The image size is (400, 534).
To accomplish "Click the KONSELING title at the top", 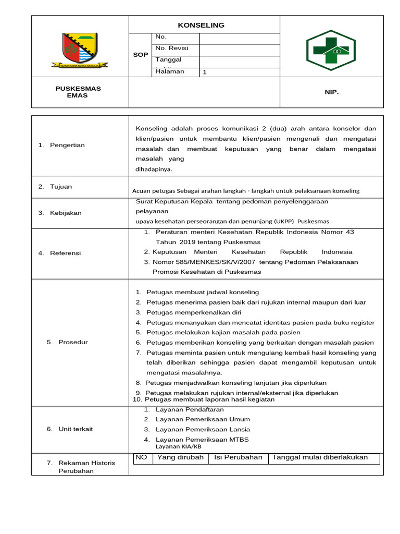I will pos(201,25).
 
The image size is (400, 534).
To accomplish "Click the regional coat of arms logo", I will pos(80,50).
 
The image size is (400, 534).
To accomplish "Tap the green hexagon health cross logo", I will pos(331,47).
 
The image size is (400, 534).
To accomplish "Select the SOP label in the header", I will pos(141,54).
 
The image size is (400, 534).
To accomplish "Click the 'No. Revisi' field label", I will pos(171,48).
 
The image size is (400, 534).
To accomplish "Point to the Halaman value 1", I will pos(205,72).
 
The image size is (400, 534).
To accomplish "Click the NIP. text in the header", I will pos(331,92).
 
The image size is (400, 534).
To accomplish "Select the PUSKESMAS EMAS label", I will pos(78,92).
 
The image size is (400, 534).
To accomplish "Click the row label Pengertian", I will pos(67,145).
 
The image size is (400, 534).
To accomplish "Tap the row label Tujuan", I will pos(61,187).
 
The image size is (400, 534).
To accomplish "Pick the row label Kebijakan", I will pos(66,213).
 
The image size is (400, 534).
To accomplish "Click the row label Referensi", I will pos(65,253).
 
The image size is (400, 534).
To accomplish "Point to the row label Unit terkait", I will pos(76,429).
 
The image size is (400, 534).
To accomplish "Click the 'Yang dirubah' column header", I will pos(180,457).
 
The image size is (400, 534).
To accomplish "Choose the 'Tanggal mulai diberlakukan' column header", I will pos(320,457).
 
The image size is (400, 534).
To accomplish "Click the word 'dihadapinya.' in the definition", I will pos(154,169).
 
